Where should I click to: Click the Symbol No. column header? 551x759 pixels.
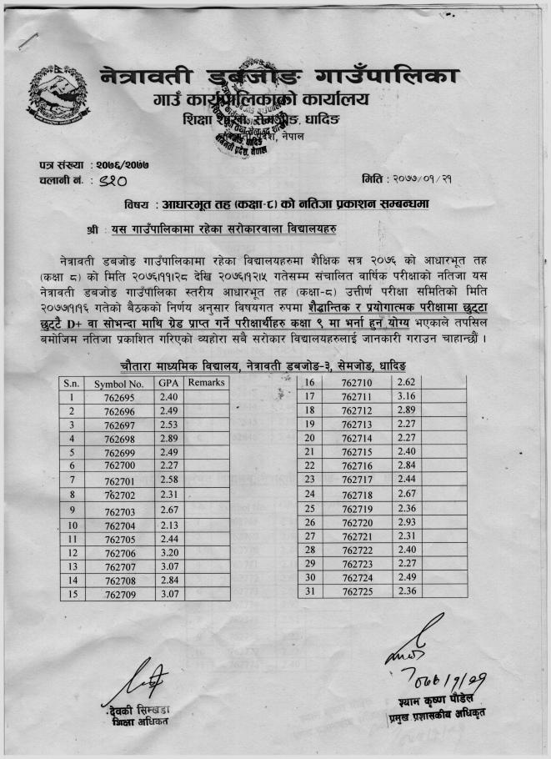click(x=119, y=384)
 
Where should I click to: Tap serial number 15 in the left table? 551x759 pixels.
click(x=73, y=594)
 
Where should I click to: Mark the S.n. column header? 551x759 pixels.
click(x=73, y=384)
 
